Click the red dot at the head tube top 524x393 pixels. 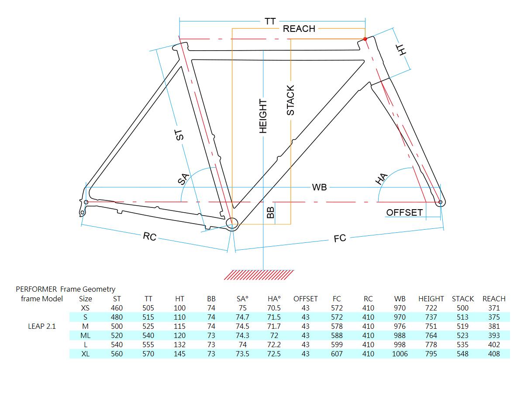[365, 39]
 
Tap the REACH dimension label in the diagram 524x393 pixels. [299, 29]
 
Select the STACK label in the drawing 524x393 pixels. [290, 100]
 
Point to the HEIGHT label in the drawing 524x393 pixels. [263, 116]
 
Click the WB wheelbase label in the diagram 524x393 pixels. [319, 187]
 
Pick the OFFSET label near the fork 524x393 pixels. [404, 213]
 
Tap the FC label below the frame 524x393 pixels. [340, 238]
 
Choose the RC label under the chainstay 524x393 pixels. [149, 237]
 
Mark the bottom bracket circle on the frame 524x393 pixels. [232, 223]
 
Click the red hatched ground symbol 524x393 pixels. [259, 275]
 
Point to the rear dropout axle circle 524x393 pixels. [86, 202]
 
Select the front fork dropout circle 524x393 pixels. [440, 202]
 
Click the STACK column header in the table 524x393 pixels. [462, 299]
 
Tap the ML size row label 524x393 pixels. [86, 335]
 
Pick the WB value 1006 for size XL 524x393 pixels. [400, 354]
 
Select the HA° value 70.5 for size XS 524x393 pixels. [274, 308]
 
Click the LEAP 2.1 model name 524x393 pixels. [42, 326]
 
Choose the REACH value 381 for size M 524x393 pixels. [494, 326]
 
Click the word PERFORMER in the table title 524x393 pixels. [36, 289]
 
